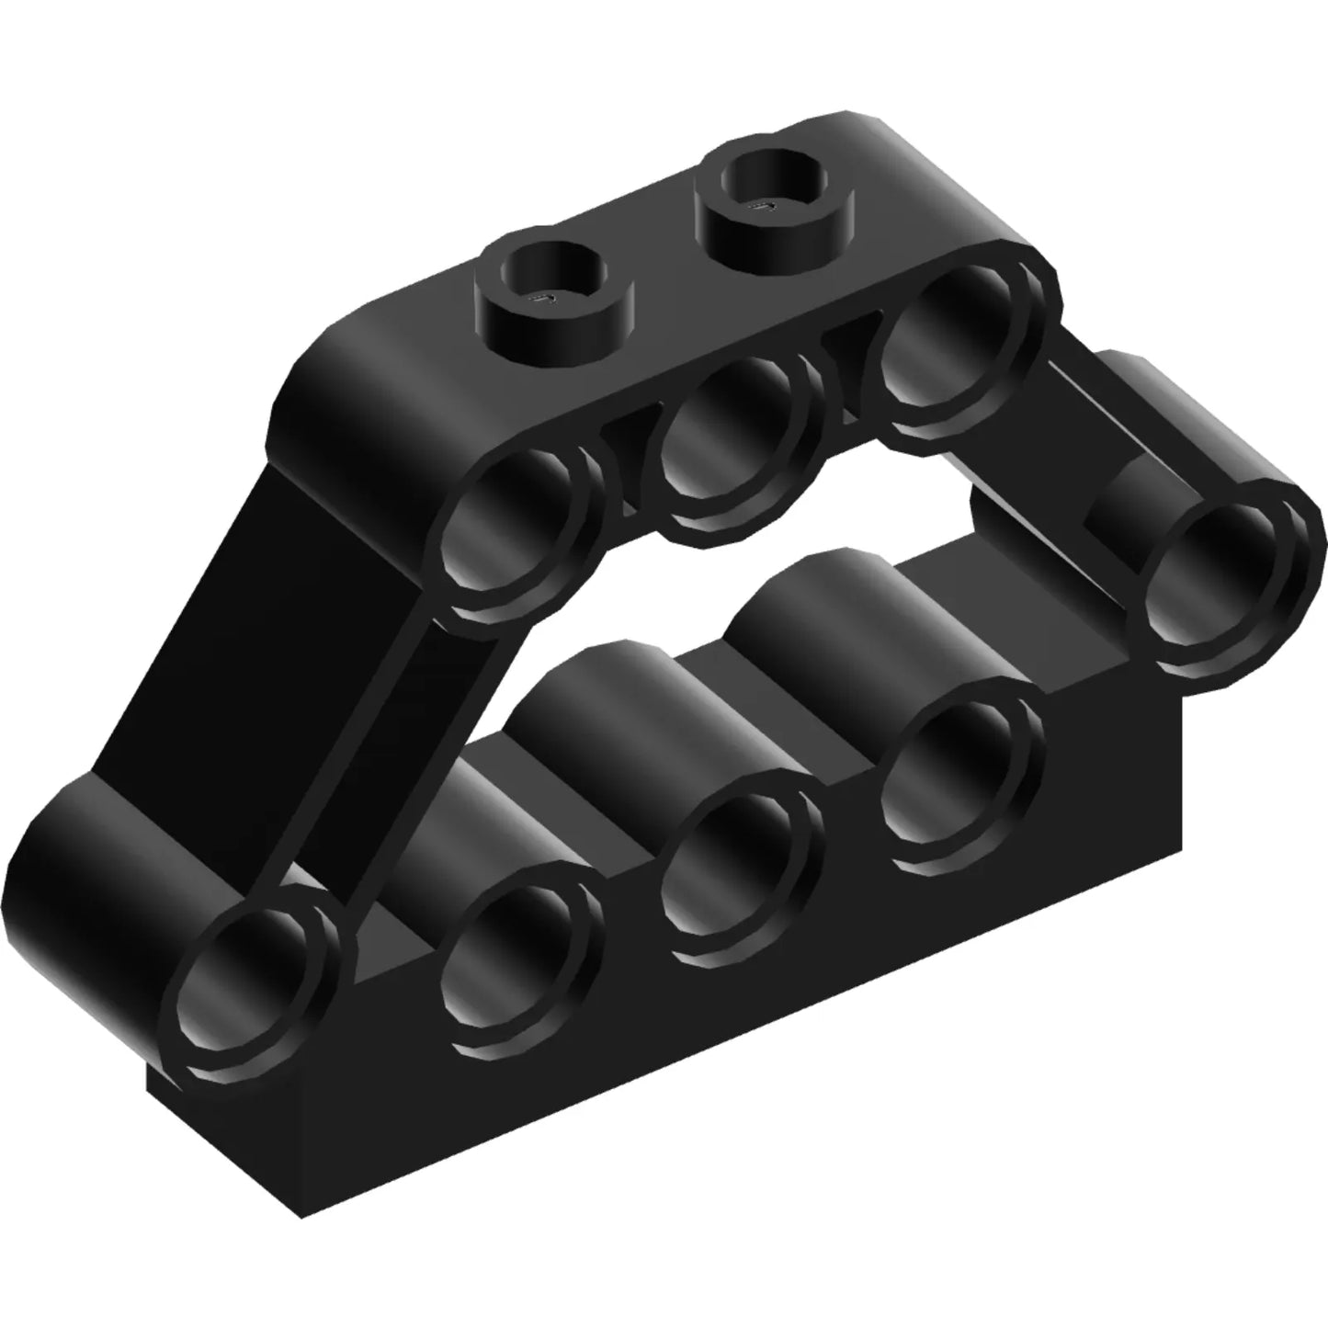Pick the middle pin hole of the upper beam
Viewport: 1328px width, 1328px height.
(x=731, y=446)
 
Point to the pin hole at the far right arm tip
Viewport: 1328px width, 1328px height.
(x=1224, y=577)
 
